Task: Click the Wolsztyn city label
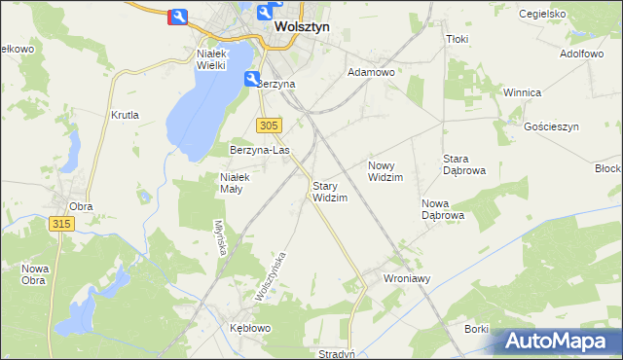tap(301, 27)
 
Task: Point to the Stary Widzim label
tap(329, 191)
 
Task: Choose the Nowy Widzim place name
tap(385, 171)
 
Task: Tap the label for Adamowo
tap(371, 73)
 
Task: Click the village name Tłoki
tap(457, 39)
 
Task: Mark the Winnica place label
tap(522, 92)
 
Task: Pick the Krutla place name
tap(126, 115)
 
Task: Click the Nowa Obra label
tap(35, 274)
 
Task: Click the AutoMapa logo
tap(555, 342)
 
